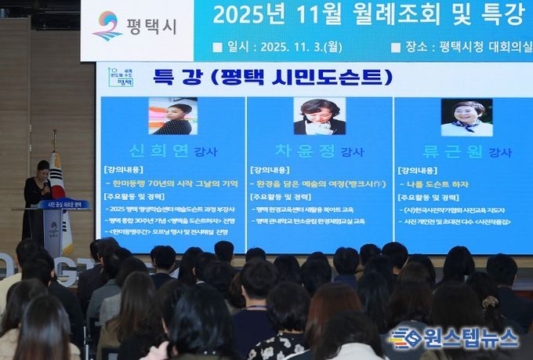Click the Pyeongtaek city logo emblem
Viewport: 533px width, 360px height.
[107, 25]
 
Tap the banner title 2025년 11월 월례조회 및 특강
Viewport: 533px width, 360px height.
[368, 14]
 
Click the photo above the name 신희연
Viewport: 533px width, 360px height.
[172, 116]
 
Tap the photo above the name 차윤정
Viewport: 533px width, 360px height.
[319, 116]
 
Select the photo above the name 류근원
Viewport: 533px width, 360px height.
[466, 117]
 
